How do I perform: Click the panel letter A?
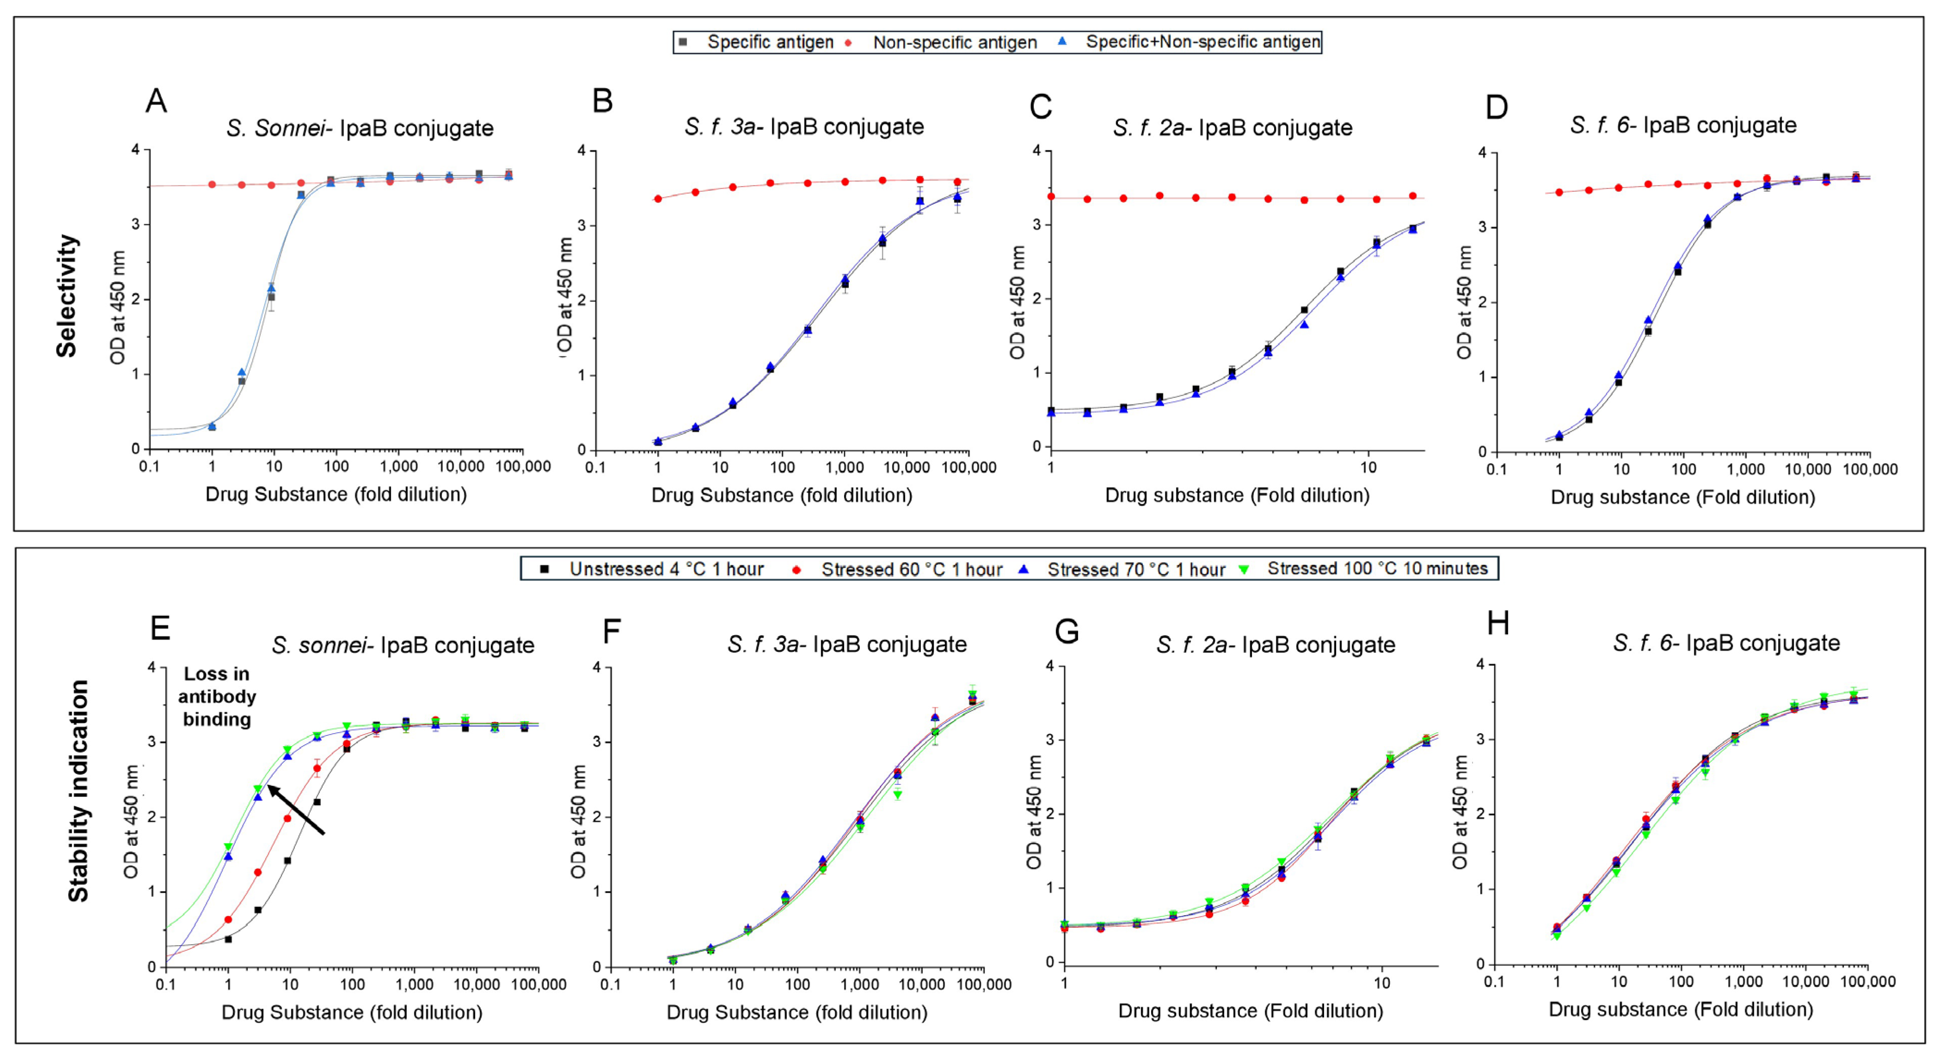(x=156, y=101)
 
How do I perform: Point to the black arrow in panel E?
(x=296, y=809)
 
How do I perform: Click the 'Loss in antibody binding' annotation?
(x=217, y=697)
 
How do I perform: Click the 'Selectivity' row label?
(x=67, y=295)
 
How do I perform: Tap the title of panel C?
(x=1233, y=128)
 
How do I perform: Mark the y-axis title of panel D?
(x=1463, y=302)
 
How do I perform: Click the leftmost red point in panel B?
(x=657, y=199)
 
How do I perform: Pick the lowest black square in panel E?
(x=228, y=939)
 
